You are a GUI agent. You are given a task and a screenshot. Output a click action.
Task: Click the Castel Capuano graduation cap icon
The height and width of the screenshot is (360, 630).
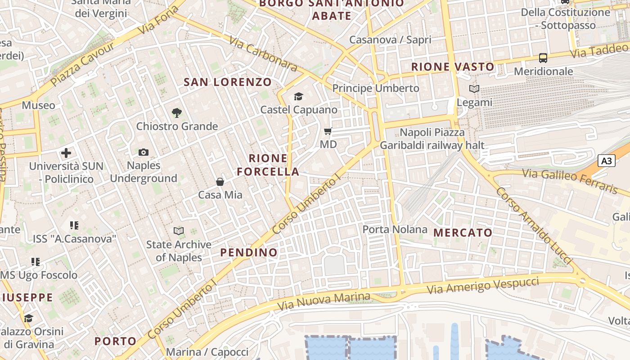[x=298, y=96]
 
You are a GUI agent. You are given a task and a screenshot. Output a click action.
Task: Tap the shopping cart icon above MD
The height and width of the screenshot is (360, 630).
[x=328, y=131]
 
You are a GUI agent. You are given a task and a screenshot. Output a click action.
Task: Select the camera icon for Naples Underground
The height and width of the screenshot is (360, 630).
[x=144, y=153]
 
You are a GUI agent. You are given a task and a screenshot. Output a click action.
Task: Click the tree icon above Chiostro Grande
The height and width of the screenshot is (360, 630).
[x=177, y=113]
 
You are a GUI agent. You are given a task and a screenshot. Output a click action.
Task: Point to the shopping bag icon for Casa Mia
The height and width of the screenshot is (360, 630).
[x=220, y=182]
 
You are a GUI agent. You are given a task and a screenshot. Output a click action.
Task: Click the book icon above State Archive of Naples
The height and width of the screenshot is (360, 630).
[x=179, y=231]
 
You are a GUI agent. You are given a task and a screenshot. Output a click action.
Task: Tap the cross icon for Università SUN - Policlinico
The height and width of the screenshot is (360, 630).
[x=66, y=153]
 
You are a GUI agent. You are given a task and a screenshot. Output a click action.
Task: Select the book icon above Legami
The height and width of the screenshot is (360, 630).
[x=474, y=89]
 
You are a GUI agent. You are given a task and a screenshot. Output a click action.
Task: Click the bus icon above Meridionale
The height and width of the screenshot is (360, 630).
[x=543, y=58]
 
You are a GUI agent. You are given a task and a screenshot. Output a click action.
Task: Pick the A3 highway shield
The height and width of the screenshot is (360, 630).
[x=607, y=161]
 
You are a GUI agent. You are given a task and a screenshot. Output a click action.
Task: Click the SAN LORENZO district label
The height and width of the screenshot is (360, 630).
[x=228, y=82]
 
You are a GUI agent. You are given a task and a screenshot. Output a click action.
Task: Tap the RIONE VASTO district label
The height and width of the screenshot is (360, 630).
[x=453, y=67]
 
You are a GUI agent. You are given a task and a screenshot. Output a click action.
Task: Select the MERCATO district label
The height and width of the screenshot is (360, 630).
[x=463, y=233]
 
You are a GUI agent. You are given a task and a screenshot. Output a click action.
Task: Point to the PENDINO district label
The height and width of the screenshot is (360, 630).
[x=249, y=252]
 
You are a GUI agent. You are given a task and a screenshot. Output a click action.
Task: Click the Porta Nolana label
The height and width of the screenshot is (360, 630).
[x=395, y=229]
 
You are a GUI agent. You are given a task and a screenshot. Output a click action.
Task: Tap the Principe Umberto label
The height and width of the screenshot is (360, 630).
[x=376, y=88]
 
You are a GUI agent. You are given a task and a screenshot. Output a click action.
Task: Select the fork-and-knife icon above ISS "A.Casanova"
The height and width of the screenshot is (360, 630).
[x=74, y=225]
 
